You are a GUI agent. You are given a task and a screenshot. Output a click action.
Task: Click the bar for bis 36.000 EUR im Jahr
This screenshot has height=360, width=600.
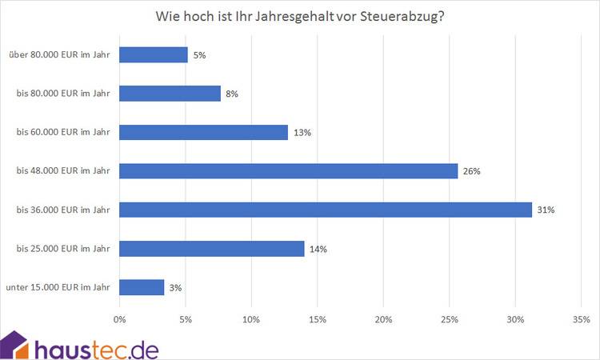tap(326, 210)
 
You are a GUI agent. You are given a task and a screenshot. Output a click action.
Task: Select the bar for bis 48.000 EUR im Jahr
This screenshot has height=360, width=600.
tap(288, 170)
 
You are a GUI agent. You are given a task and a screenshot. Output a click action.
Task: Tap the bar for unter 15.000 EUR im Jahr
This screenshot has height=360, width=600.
tap(142, 287)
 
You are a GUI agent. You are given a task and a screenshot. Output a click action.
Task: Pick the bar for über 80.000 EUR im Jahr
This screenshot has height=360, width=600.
tap(154, 54)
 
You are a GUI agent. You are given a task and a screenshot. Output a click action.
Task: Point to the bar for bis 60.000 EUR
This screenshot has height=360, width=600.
tap(203, 132)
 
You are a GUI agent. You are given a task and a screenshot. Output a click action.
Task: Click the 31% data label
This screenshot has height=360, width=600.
tap(546, 210)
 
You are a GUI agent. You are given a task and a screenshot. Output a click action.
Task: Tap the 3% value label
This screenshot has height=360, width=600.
tap(176, 288)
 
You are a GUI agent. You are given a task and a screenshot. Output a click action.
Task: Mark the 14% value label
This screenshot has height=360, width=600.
tap(318, 249)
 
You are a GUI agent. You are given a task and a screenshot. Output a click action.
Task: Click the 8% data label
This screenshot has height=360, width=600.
tap(232, 94)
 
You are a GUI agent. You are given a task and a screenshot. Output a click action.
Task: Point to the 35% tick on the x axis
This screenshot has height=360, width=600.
tap(581, 320)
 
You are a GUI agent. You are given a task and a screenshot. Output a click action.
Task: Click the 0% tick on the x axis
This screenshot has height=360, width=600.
tap(120, 320)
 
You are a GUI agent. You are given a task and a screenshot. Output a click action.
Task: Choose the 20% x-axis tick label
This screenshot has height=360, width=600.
tap(383, 320)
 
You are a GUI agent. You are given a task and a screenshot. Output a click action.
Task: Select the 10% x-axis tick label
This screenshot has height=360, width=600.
tap(251, 320)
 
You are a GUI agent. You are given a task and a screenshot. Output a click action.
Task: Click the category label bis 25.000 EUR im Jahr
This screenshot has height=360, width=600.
tap(63, 249)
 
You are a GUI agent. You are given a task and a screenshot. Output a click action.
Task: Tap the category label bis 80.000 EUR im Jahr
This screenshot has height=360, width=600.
tap(63, 94)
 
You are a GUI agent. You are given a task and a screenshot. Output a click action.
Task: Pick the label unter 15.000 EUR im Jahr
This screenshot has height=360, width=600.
tap(58, 287)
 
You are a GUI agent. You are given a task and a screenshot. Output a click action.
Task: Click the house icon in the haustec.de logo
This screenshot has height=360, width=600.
tap(15, 345)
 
